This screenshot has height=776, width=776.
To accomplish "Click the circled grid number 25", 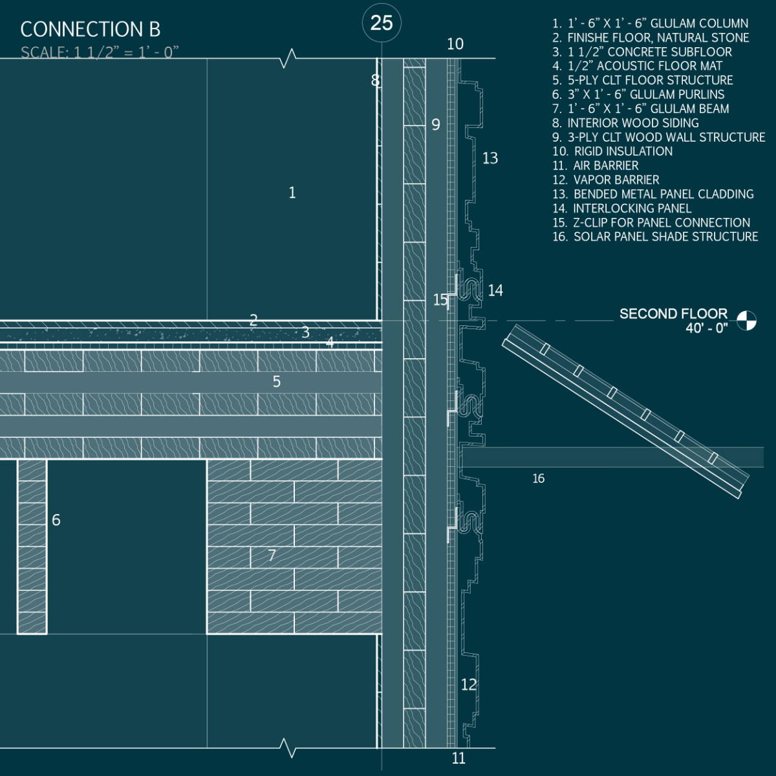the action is [x=382, y=23].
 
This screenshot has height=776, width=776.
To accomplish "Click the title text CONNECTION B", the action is [x=91, y=30].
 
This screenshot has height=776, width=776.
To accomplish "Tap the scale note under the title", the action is [x=100, y=52].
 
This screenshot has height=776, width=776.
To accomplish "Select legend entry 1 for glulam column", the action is [x=650, y=24].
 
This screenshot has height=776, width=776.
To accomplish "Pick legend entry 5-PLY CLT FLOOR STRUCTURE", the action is [x=643, y=80].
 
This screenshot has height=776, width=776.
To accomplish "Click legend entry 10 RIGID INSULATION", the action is [x=612, y=151].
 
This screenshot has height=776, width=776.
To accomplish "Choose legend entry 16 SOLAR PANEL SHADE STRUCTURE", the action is [x=655, y=237].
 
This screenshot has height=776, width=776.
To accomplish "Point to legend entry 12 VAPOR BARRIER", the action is [x=606, y=180].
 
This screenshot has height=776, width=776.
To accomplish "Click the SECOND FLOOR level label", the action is [x=673, y=314].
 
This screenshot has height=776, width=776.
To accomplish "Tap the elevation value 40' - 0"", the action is [x=707, y=329].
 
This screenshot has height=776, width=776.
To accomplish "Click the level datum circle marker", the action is [x=747, y=321].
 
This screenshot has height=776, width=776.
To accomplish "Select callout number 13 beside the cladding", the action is [x=490, y=158].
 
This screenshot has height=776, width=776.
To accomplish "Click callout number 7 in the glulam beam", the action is [x=272, y=555].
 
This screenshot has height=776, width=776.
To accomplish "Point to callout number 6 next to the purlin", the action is [x=56, y=520].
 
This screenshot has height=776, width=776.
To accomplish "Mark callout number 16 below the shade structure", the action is [x=539, y=479].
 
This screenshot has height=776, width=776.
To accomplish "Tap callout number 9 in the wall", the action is [x=436, y=124].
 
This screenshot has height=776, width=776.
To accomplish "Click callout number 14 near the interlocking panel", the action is [x=495, y=291].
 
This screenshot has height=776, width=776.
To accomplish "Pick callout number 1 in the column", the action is [x=292, y=193].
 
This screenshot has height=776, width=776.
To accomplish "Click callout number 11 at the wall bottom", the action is [x=458, y=759].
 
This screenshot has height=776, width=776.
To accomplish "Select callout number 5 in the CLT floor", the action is [x=277, y=382].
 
